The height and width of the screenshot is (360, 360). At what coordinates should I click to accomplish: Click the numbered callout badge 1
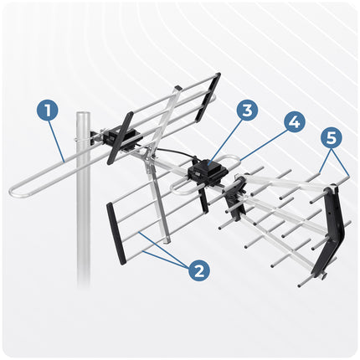click(x=48, y=111)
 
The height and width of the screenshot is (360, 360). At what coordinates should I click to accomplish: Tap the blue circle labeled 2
click(x=199, y=270)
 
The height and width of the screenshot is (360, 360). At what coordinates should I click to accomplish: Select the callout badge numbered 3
click(x=248, y=110)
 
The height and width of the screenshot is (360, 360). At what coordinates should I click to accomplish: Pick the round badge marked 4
click(x=295, y=121)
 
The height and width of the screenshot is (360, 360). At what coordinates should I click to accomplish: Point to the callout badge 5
click(x=332, y=137)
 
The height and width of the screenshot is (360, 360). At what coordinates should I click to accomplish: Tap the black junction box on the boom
click(x=207, y=172)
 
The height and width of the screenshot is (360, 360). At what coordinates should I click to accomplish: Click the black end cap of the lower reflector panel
click(x=115, y=234)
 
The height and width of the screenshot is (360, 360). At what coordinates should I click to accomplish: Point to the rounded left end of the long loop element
click(x=12, y=191)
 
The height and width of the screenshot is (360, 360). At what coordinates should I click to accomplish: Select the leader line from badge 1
click(x=57, y=141)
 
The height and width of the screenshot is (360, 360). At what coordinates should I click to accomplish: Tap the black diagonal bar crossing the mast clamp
click(x=120, y=138)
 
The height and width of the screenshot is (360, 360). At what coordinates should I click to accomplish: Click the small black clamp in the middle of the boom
click(x=235, y=198)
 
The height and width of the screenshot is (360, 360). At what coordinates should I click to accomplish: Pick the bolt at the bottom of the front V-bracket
click(x=324, y=275)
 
